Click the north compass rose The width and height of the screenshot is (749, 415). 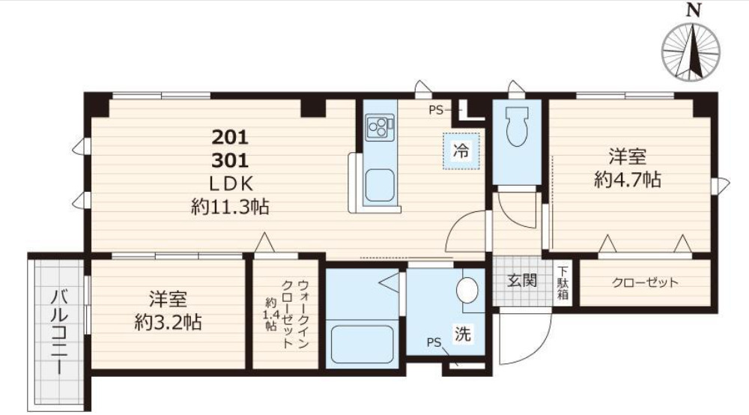(x=691, y=51)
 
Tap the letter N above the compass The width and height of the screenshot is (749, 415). (x=693, y=10)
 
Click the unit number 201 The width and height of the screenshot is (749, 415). (x=230, y=138)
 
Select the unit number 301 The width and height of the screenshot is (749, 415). (x=230, y=160)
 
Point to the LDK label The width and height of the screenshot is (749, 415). (x=230, y=184)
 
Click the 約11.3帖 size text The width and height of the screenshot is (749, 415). (x=230, y=207)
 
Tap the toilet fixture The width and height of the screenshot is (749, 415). (x=516, y=126)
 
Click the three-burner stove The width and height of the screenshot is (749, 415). (x=380, y=127)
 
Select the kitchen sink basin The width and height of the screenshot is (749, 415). (x=380, y=185)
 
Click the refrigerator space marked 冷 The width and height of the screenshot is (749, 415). (x=461, y=151)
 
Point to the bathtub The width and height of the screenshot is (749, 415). (x=362, y=345)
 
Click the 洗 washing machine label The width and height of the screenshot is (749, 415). (x=462, y=334)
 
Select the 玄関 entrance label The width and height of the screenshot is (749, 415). (x=522, y=280)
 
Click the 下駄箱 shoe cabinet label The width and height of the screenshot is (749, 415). (x=562, y=282)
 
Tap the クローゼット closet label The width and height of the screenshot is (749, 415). (x=645, y=282)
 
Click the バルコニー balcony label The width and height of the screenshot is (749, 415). (x=60, y=333)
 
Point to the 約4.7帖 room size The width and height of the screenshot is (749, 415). (x=628, y=180)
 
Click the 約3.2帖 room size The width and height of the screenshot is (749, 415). (x=168, y=323)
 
